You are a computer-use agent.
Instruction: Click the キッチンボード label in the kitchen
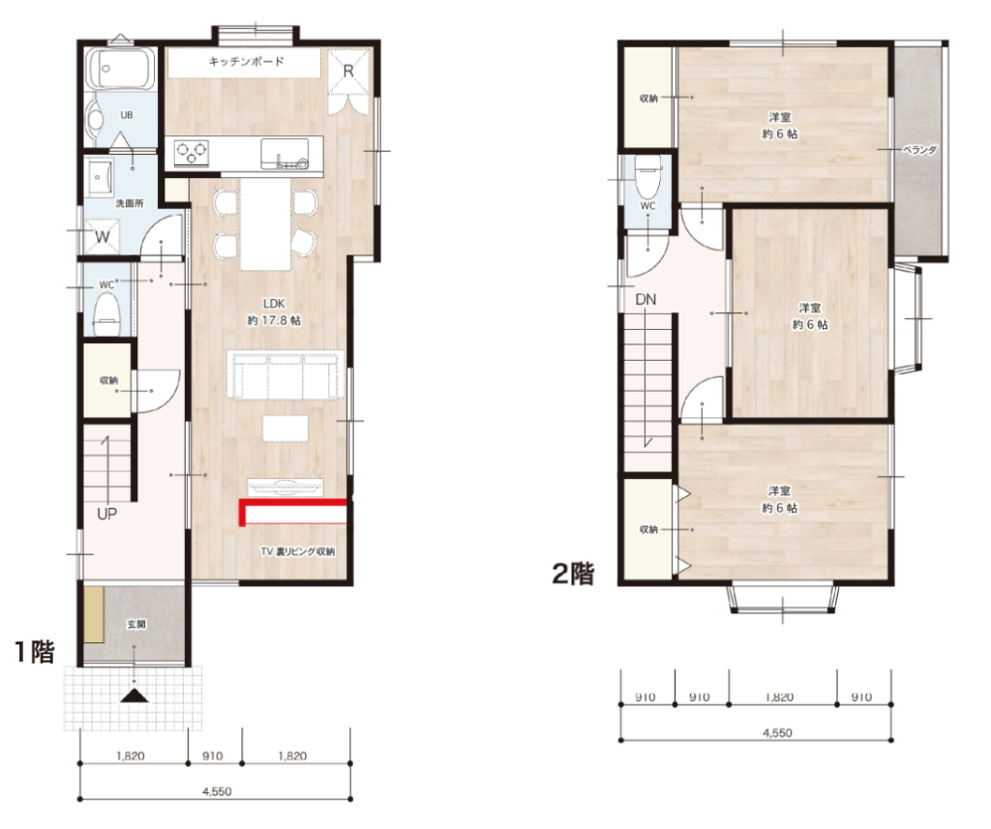247,61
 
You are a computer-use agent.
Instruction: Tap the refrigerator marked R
348,71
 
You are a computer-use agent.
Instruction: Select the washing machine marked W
102,237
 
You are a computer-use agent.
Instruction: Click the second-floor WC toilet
647,176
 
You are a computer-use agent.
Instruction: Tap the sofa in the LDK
285,375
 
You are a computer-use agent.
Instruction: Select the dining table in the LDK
265,223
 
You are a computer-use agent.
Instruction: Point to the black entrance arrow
135,696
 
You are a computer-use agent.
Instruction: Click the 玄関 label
136,624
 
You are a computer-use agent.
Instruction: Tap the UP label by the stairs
106,514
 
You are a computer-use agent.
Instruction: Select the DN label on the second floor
646,300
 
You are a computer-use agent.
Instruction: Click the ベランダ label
919,150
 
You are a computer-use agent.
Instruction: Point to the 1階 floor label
36,652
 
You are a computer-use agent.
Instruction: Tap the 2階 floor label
573,574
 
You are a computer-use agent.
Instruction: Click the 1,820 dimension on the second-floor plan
779,696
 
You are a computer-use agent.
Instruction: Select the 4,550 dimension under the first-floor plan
217,791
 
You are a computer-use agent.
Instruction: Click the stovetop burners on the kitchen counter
192,152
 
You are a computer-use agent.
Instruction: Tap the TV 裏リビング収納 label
298,551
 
